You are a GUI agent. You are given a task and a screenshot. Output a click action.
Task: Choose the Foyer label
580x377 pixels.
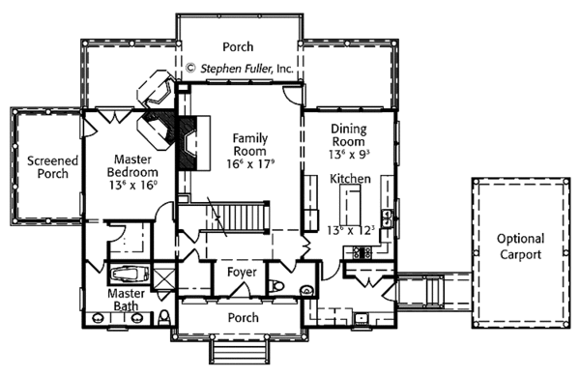click(x=241, y=273)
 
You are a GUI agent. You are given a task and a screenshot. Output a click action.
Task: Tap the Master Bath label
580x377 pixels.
click(x=127, y=300)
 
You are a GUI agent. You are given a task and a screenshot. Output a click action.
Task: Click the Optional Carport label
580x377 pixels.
click(x=520, y=246)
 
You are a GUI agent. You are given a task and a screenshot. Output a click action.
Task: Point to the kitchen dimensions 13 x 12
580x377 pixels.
click(x=352, y=230)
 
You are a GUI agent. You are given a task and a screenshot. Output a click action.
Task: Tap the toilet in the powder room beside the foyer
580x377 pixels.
click(x=277, y=286)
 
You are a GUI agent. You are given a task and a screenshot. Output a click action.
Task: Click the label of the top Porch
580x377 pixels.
click(x=238, y=45)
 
